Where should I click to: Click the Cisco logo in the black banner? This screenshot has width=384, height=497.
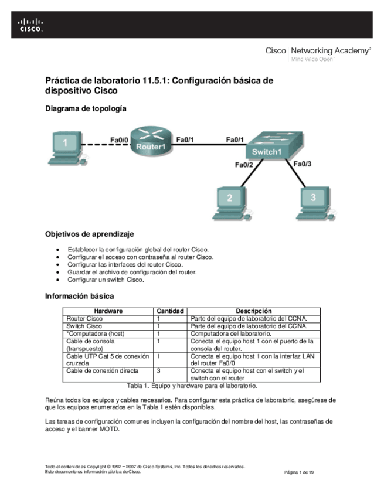[x=31, y=25]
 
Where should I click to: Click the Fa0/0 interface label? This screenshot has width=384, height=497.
[x=119, y=139]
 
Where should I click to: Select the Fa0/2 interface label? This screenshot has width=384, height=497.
[x=243, y=165]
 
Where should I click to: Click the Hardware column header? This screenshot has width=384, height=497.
[x=108, y=311]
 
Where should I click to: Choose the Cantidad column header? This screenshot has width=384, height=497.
[x=171, y=311]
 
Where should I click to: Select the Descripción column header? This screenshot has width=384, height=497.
[x=254, y=311]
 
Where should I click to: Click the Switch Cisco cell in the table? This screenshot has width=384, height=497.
[x=84, y=326]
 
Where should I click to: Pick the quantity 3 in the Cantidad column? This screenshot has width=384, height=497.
[x=159, y=371]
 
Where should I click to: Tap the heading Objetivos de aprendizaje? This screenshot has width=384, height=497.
[x=90, y=234]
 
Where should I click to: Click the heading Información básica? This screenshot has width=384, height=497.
[x=79, y=296]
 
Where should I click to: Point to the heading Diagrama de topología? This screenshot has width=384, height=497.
[x=85, y=108]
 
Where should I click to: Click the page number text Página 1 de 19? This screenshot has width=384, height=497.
[x=299, y=472]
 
